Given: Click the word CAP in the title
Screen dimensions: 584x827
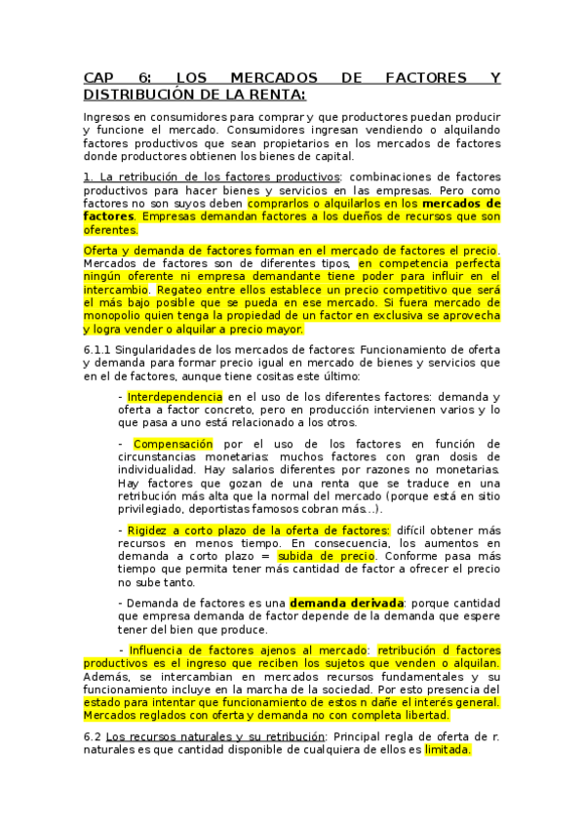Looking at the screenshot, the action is (98, 79).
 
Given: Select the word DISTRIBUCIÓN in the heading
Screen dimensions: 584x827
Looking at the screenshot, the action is (138, 95).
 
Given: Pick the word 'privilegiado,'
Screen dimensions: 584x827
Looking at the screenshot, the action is (154, 509).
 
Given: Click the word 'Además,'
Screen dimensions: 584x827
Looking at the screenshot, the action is (108, 677).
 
